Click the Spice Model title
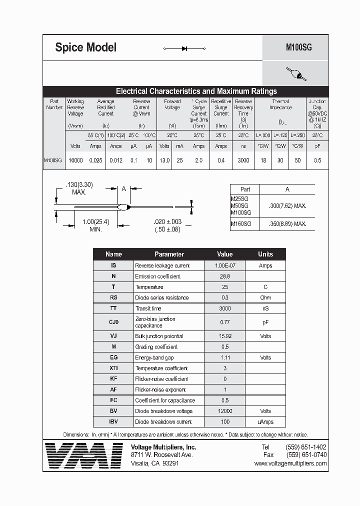(x=85, y=47)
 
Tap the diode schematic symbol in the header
(x=184, y=48)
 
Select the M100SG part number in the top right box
(x=298, y=47)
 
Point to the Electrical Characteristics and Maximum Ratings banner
(x=196, y=91)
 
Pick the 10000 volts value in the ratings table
(x=75, y=160)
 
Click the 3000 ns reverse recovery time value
(x=243, y=160)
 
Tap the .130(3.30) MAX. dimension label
(x=79, y=188)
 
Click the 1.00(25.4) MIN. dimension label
(x=88, y=225)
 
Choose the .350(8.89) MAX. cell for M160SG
(x=287, y=224)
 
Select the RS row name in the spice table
(x=113, y=297)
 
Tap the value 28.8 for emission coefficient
(x=224, y=276)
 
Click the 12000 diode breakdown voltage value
(x=224, y=411)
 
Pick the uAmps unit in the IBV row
(x=265, y=421)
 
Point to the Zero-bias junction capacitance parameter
(x=155, y=322)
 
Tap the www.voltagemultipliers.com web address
(x=290, y=463)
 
